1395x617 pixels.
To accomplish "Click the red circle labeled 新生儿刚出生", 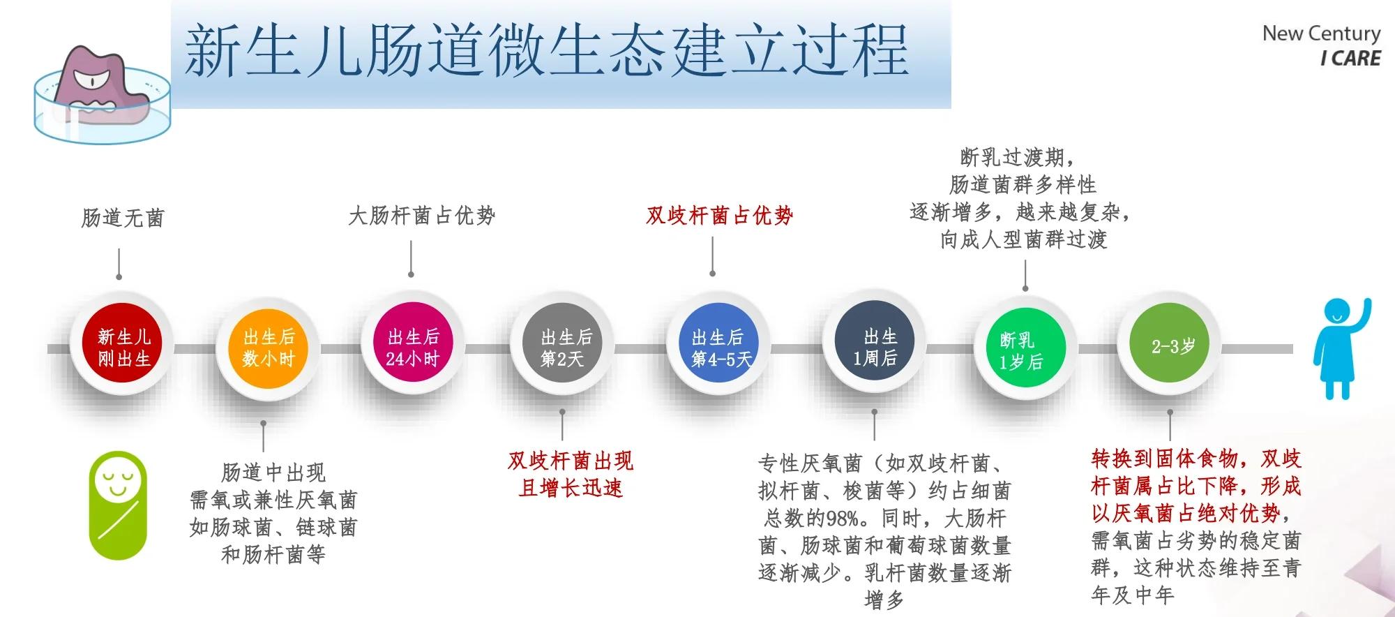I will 124,348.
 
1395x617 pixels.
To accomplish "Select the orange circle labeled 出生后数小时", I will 269,348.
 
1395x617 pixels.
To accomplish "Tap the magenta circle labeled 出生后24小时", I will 413,348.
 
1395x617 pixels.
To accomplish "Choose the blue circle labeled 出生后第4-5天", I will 718,348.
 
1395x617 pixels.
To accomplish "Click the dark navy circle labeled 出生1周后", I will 875,348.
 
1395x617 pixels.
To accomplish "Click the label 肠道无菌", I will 123,218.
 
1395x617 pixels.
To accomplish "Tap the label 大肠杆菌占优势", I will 421,215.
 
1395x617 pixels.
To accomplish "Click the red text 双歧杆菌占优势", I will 719,215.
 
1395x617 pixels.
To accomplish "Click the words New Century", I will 1321,34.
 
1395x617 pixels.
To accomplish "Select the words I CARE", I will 1350,59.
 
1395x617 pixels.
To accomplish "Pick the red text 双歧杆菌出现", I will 570,461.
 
